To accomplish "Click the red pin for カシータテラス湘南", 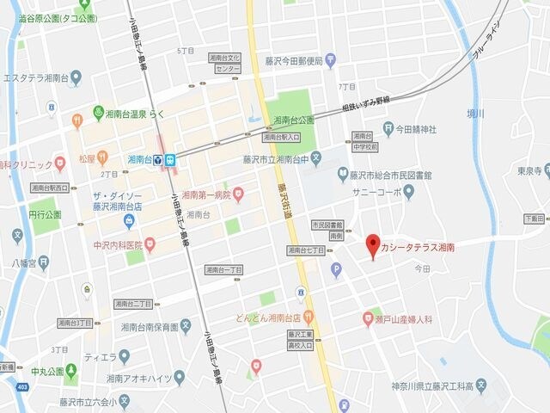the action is click(x=372, y=246).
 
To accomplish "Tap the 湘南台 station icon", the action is click(x=170, y=160).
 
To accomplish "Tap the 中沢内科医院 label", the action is click(x=117, y=244).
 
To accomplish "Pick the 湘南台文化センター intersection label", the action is click(x=223, y=62).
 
